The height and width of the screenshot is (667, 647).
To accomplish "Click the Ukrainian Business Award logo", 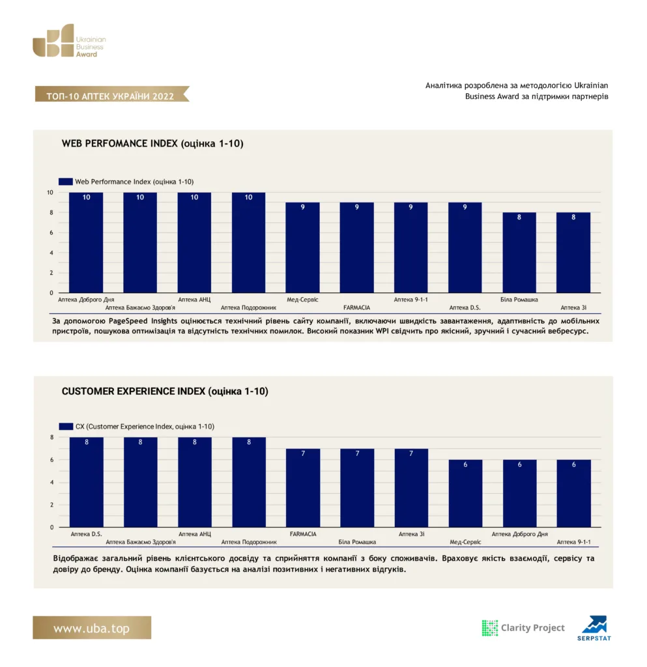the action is [x=69, y=40].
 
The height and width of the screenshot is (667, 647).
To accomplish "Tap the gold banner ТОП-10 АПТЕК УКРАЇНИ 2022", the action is [x=111, y=94].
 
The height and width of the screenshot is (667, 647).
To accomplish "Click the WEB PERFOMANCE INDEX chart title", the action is [x=152, y=143].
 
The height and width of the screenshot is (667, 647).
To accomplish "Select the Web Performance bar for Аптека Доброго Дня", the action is [x=86, y=242].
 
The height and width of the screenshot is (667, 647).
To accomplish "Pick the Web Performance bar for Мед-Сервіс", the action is [x=302, y=248].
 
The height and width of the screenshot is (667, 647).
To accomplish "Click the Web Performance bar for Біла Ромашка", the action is [x=519, y=253].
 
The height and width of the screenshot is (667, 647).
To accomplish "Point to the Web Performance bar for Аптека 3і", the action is [x=573, y=253].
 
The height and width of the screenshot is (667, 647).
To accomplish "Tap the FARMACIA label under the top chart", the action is [x=356, y=307].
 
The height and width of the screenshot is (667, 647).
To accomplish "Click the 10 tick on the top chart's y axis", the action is [x=50, y=192].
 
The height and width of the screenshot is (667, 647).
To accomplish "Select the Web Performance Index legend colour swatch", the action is [x=66, y=182].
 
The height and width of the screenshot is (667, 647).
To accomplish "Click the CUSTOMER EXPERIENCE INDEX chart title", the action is [x=165, y=391].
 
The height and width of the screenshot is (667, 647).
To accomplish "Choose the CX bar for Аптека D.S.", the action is [x=87, y=483].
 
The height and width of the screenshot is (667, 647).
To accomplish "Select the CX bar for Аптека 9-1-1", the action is [x=574, y=494].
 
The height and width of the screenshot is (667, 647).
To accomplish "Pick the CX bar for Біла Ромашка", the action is [x=357, y=488].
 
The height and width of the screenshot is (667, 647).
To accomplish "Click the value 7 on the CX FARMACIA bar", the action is [x=303, y=453].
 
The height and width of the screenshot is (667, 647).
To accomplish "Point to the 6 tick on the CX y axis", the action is [x=52, y=460].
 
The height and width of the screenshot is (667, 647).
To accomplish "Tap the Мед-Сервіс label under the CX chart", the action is [x=465, y=542].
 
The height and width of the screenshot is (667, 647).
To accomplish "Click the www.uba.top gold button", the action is [x=92, y=628].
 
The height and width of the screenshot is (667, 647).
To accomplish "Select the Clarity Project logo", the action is [x=523, y=628].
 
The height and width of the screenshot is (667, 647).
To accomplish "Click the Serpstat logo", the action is [x=594, y=629].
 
